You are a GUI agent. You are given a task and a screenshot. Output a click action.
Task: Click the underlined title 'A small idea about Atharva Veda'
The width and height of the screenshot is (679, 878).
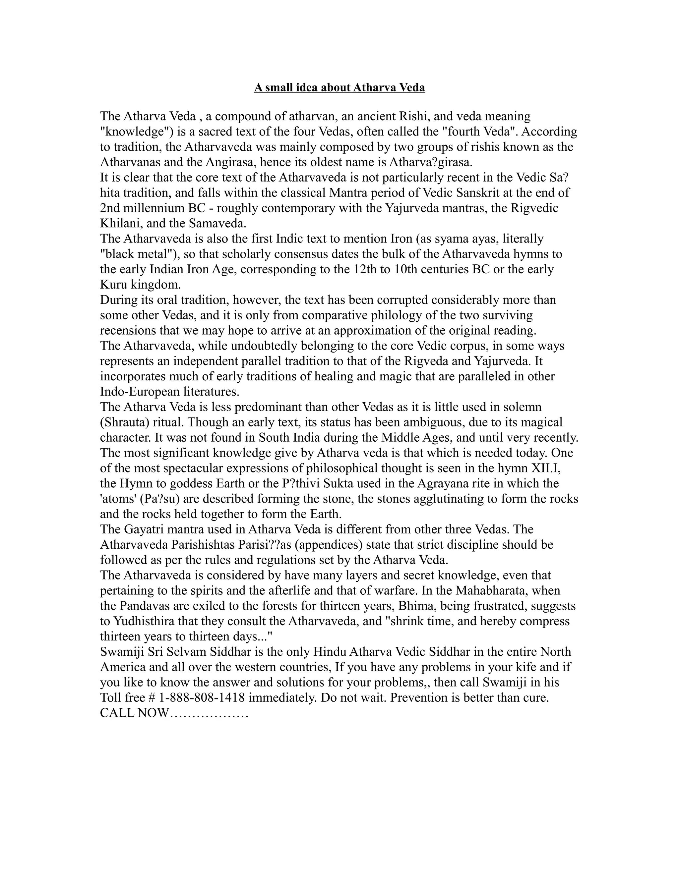point(339,87)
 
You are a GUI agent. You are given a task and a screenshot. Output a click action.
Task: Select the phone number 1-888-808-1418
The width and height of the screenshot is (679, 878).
point(202,697)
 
